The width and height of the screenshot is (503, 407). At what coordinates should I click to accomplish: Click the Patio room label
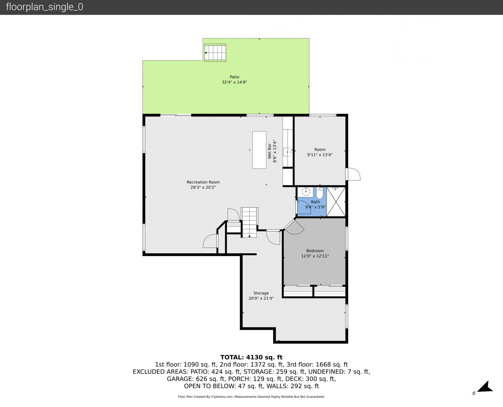(234, 77)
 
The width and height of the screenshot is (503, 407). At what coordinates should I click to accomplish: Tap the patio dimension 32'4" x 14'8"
(234, 82)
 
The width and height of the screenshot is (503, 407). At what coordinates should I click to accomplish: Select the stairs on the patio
(215, 53)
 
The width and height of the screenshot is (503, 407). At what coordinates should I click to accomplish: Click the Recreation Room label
(203, 182)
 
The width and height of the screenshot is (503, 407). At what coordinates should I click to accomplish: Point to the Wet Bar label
(269, 151)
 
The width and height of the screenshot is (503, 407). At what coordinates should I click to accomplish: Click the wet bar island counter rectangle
(259, 150)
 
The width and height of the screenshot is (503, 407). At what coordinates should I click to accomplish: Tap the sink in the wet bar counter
(287, 152)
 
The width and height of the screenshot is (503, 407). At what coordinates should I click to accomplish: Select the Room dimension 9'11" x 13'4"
(320, 155)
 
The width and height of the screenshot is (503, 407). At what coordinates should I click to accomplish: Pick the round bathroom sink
(306, 192)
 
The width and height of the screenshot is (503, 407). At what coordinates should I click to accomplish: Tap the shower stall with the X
(336, 202)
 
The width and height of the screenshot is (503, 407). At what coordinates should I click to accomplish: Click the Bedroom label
(315, 251)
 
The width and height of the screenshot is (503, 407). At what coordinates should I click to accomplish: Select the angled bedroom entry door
(294, 226)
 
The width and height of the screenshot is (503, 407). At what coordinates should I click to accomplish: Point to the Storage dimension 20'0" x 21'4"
(261, 298)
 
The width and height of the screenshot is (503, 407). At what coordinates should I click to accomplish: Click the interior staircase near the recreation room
(249, 222)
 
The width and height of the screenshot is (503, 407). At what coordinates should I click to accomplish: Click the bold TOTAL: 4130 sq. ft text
(251, 357)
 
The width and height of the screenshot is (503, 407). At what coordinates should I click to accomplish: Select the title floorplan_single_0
(44, 7)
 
